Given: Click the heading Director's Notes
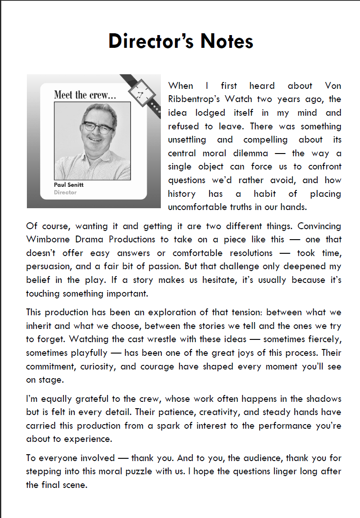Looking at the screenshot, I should tap(180, 41).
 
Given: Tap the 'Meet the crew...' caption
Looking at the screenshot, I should tap(85, 95).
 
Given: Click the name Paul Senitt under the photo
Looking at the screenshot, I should tap(69, 185).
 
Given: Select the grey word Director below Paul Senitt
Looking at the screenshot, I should tap(65, 192).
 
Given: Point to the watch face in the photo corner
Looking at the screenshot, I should tap(140, 94).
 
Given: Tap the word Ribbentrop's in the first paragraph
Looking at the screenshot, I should tap(190, 99).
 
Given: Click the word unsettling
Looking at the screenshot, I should tap(187, 140).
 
